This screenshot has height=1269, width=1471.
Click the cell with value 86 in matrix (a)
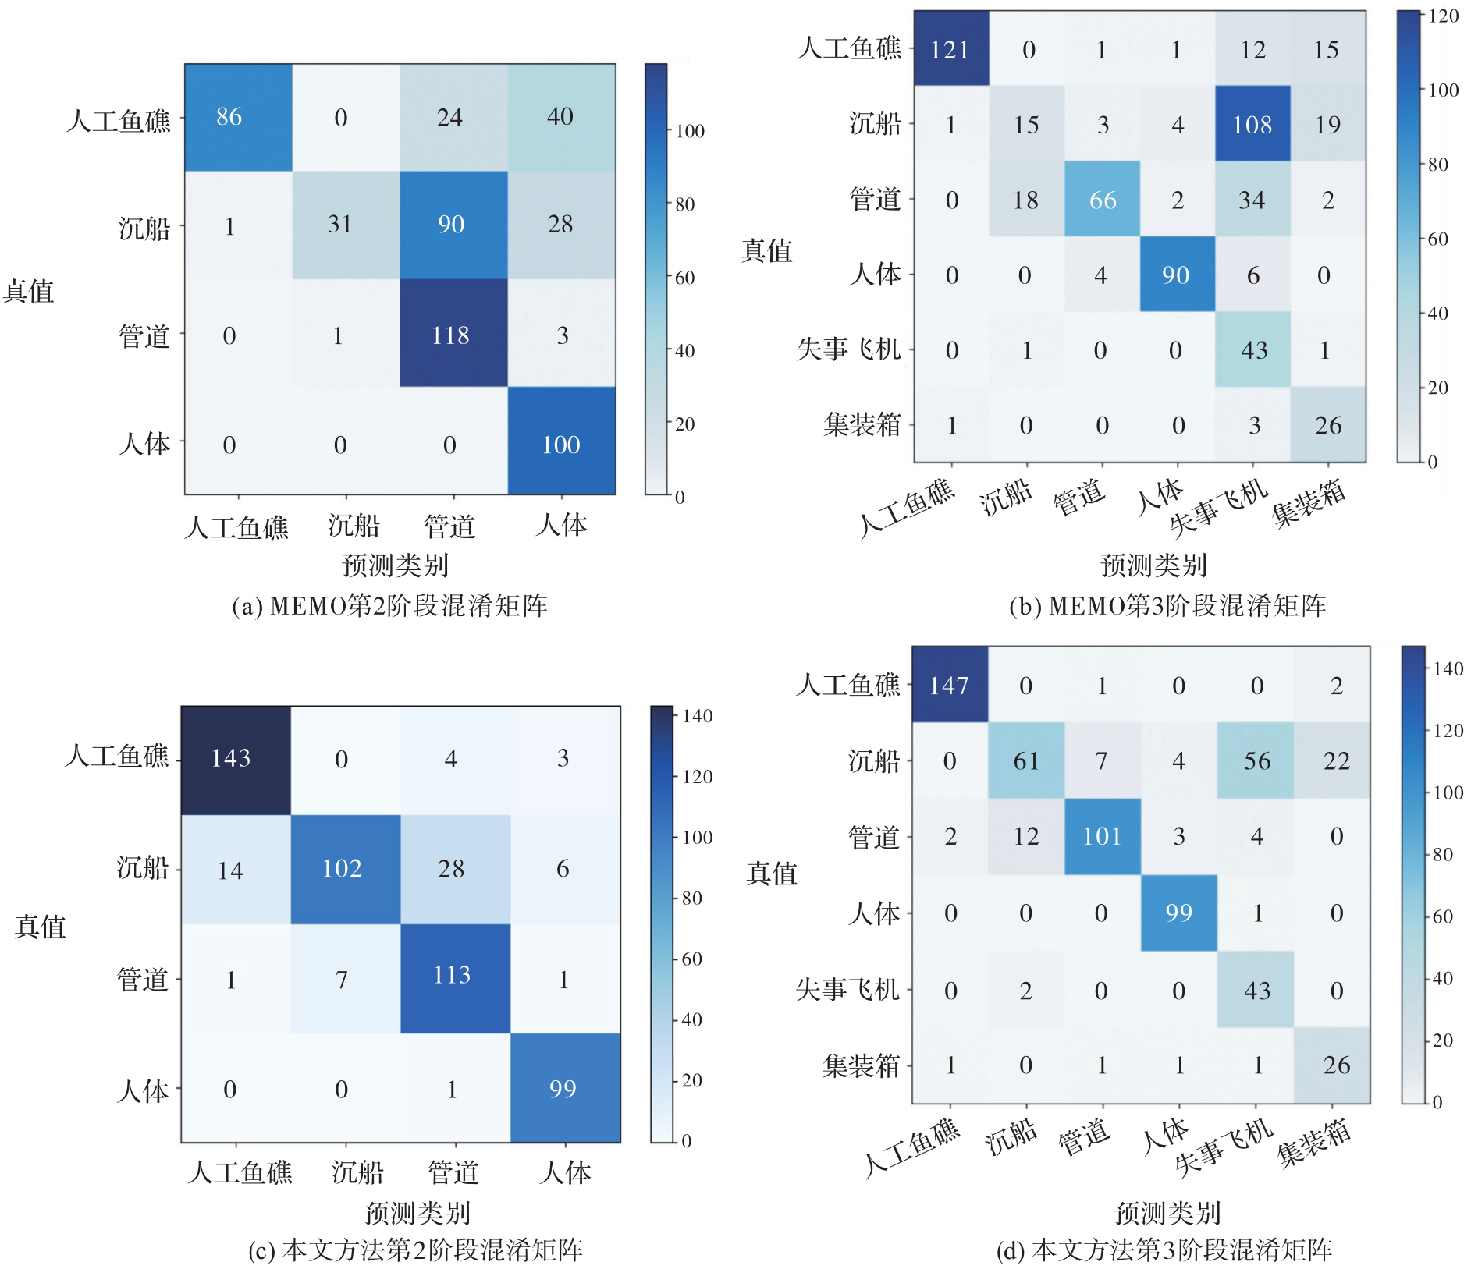point(229,117)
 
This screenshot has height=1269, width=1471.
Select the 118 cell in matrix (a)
point(451,335)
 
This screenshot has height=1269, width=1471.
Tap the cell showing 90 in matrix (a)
point(451,225)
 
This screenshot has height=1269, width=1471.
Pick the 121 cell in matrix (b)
point(950,50)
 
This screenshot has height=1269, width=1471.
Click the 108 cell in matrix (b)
point(1252,125)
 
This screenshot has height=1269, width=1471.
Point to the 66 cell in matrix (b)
point(1102,200)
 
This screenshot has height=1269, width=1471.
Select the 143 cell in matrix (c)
point(231,758)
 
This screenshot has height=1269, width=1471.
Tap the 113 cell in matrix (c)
point(452,975)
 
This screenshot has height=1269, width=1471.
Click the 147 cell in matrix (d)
point(949,686)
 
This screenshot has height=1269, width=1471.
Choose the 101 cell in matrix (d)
point(1101,836)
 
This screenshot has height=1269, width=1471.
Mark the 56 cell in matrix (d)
point(1256,760)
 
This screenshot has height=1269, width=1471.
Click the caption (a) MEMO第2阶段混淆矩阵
point(390,606)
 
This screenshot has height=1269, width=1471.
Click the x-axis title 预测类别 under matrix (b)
point(1153,565)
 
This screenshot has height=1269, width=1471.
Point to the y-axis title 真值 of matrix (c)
point(41,927)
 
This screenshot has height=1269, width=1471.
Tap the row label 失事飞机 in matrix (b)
point(848,349)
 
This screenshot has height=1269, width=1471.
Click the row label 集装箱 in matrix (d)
point(861,1065)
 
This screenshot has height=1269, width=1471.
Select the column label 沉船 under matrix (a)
point(354,526)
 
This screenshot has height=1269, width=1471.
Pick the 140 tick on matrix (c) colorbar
point(697,716)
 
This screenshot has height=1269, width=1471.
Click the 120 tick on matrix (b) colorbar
point(1444,16)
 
